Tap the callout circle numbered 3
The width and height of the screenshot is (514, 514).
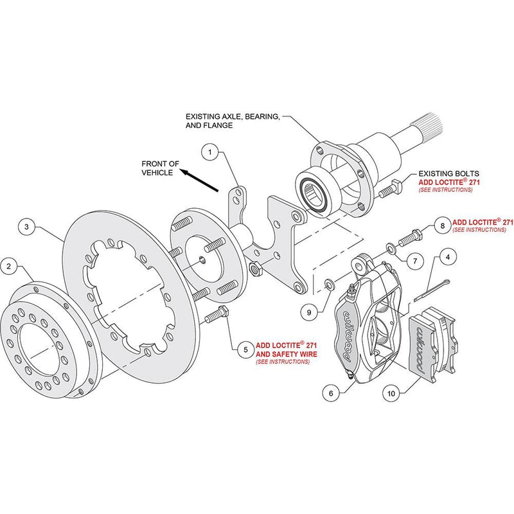pos(26,226)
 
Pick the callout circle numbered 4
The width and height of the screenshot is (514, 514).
pos(447,258)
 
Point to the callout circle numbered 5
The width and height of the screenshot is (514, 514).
pos(245,350)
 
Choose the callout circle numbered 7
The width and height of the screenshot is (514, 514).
pos(415,261)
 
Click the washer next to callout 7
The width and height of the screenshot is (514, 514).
pos(391,249)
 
